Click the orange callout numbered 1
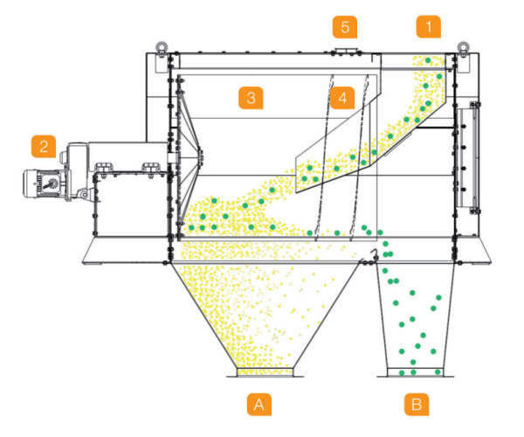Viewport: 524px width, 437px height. pos(429,26)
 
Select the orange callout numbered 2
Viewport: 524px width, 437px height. pos(44,146)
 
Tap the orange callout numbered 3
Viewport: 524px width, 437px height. pos(251,98)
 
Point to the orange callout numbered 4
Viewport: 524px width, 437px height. pos(342,98)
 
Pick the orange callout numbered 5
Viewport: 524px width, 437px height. pos(345,27)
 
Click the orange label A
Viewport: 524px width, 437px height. pos(259,405)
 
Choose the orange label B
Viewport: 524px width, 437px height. pos(417,405)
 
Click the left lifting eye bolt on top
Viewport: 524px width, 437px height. pos(162,46)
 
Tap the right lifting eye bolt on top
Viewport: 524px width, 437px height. pos(463,46)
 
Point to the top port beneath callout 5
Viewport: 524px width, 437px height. pos(346,51)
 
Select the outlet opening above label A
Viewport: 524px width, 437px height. pos(265,372)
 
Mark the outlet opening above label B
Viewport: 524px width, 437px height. pos(416,372)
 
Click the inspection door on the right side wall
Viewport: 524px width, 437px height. pos(468,157)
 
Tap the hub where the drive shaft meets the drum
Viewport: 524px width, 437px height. pos(201,156)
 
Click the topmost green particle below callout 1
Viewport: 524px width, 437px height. pos(428,60)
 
